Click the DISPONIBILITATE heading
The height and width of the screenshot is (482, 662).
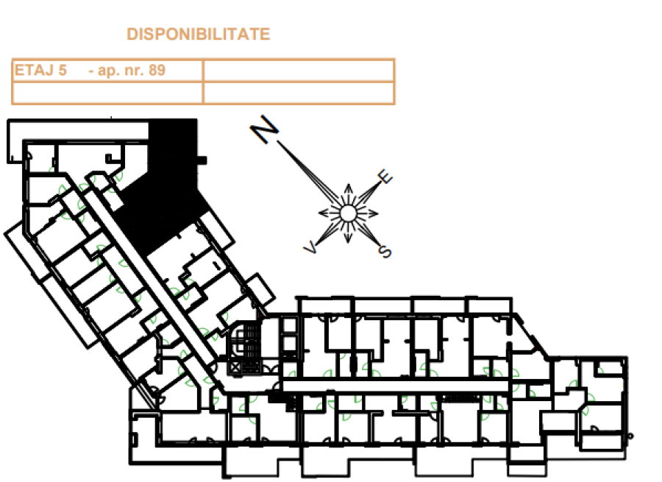[x=198, y=34]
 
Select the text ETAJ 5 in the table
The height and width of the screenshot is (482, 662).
[x=40, y=70]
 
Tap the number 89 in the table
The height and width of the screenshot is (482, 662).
[x=157, y=70]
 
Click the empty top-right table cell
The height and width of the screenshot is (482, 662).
[x=299, y=70]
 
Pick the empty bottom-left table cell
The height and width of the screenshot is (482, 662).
[x=107, y=93]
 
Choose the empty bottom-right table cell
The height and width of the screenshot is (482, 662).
[x=299, y=93]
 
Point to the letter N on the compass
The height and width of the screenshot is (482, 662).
[x=265, y=129]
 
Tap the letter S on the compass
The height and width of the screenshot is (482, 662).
[x=385, y=252]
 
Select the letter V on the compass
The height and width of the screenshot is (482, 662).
[x=310, y=247]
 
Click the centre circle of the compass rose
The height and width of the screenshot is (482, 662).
[x=348, y=213]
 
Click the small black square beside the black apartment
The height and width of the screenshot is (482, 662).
[x=202, y=160]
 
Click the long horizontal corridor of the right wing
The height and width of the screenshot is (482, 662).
[x=396, y=386]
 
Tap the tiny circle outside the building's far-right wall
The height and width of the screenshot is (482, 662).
[x=631, y=436]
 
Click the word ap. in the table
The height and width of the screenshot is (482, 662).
[x=110, y=70]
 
